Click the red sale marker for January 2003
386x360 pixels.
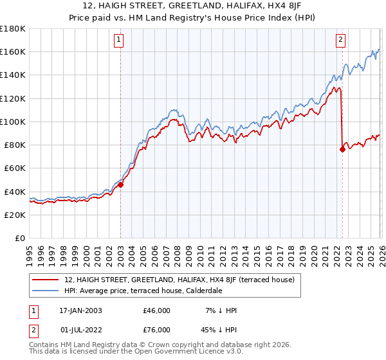(120, 184)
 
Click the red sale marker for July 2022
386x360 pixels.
(342, 150)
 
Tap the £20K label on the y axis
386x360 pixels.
(15, 215)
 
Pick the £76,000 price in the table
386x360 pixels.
(156, 331)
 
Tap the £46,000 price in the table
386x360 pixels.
(156, 310)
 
